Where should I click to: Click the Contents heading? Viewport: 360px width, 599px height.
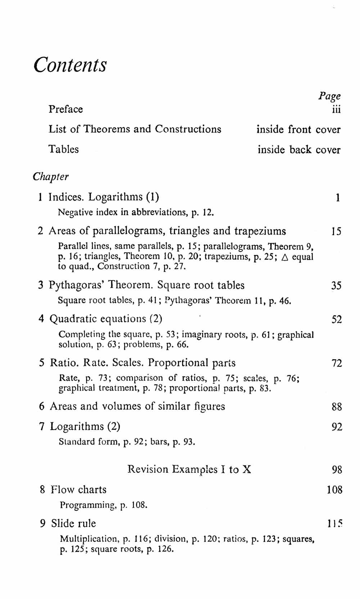pyautogui.click(x=70, y=65)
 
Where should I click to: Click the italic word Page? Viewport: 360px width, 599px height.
pyautogui.click(x=329, y=96)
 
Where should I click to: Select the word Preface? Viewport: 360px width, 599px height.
pyautogui.click(x=66, y=109)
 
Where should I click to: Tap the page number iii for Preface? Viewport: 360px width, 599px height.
pyautogui.click(x=336, y=109)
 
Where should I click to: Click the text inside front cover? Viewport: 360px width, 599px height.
pyautogui.click(x=298, y=129)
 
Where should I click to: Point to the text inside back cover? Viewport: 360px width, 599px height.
pyautogui.click(x=299, y=149)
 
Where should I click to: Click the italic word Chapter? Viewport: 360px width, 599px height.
pyautogui.click(x=50, y=177)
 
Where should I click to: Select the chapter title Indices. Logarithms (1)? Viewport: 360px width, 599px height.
pyautogui.click(x=104, y=197)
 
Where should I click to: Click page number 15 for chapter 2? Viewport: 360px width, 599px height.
pyautogui.click(x=336, y=231)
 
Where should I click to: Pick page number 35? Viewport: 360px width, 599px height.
pyautogui.click(x=336, y=286)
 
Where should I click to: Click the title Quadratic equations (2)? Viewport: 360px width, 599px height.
pyautogui.click(x=106, y=319)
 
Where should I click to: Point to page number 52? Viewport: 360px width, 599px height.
pyautogui.click(x=337, y=320)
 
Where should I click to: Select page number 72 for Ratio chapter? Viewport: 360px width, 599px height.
pyautogui.click(x=337, y=363)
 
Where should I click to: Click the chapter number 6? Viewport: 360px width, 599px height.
pyautogui.click(x=42, y=406)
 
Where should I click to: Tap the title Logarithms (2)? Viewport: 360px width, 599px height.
pyautogui.click(x=85, y=427)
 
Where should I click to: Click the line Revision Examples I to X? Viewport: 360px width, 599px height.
pyautogui.click(x=189, y=469)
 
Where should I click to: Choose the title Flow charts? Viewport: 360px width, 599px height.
pyautogui.click(x=78, y=490)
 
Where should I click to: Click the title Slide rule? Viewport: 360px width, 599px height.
pyautogui.click(x=73, y=523)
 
